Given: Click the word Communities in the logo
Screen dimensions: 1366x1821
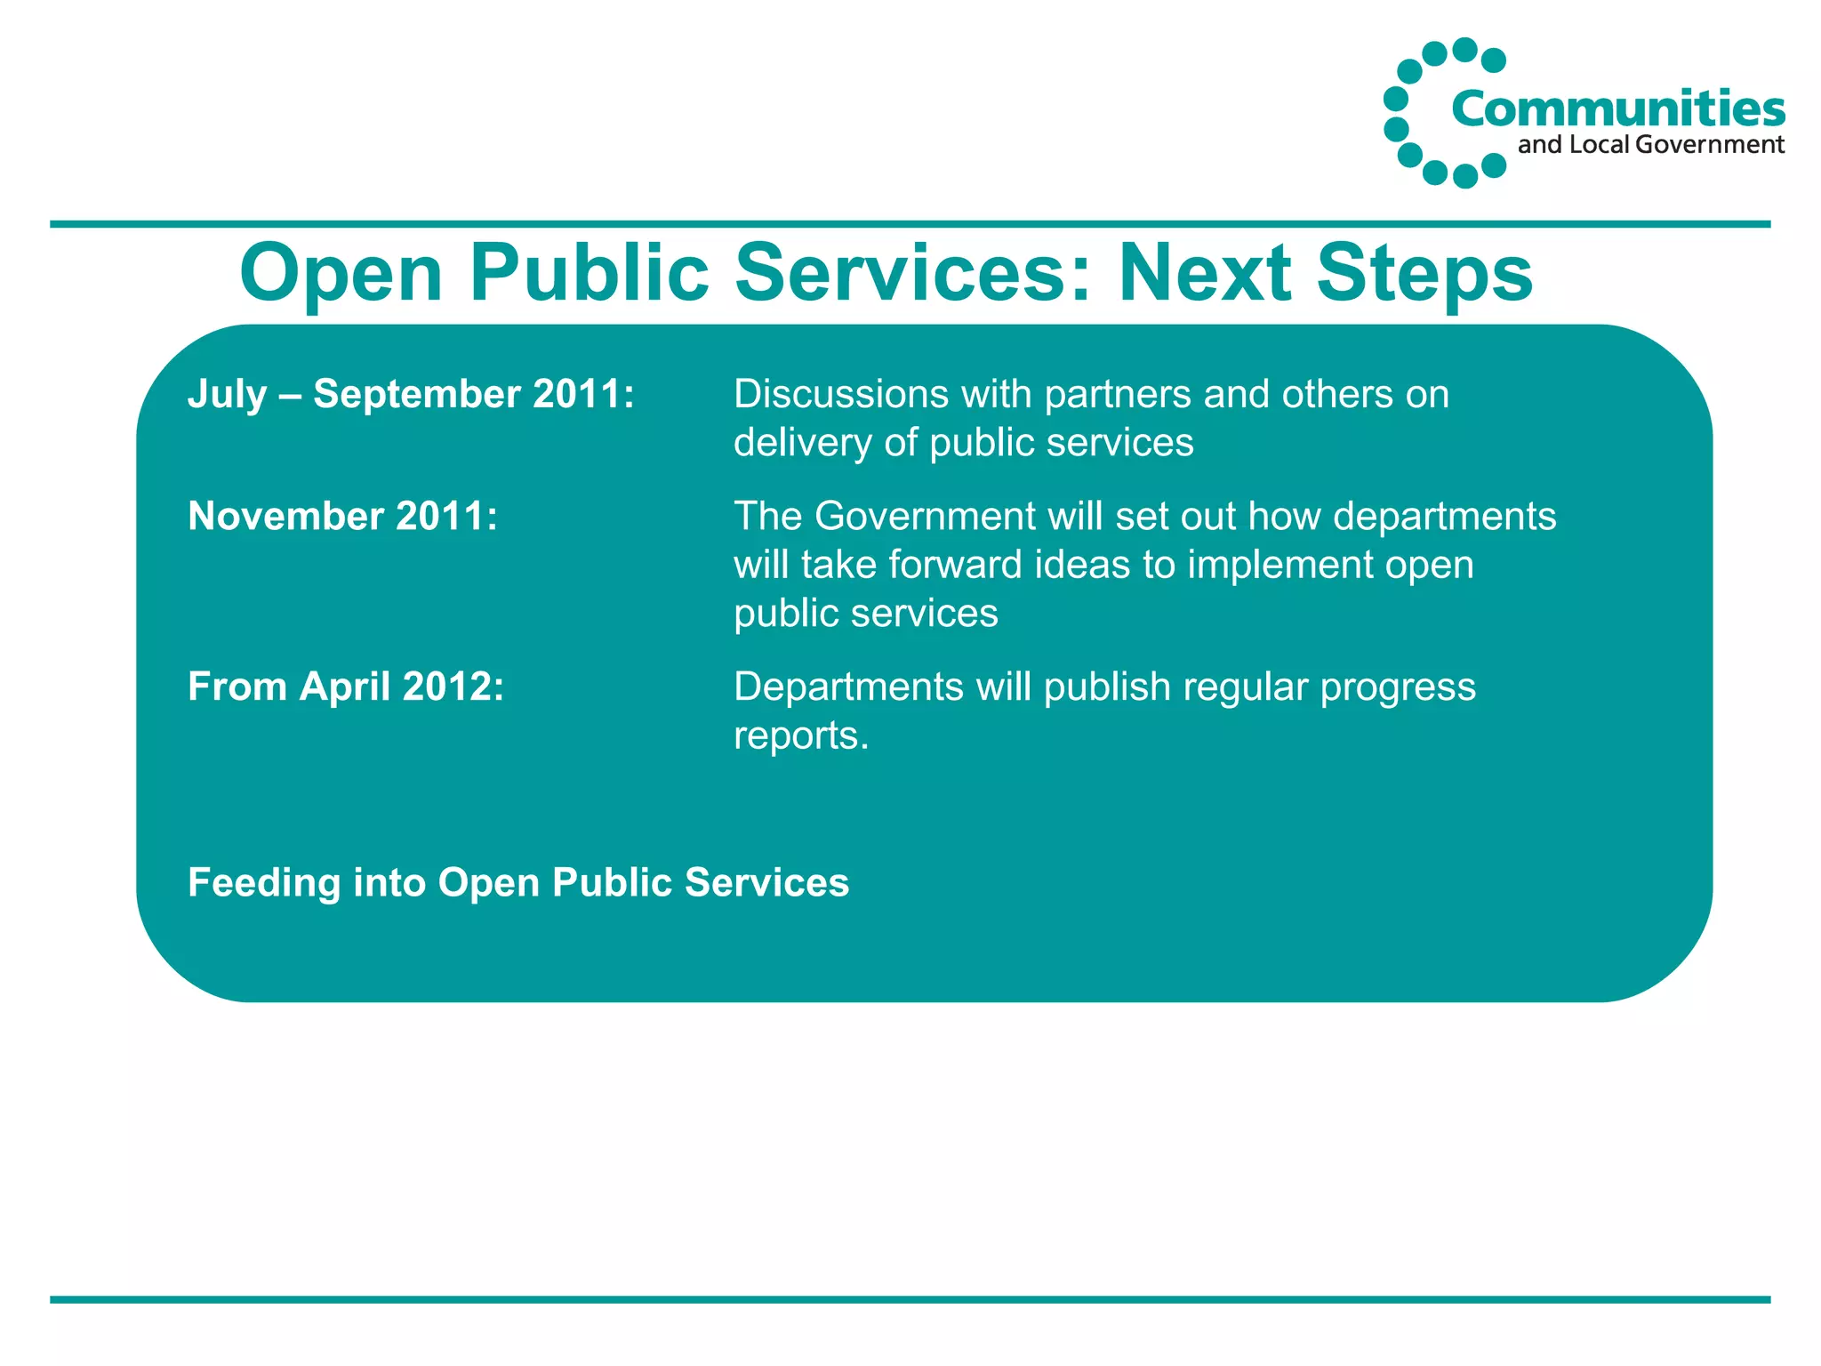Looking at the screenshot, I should [x=1617, y=109].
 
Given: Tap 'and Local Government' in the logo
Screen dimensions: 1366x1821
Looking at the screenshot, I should [x=1650, y=145].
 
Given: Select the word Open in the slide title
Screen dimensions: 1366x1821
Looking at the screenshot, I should [x=341, y=273].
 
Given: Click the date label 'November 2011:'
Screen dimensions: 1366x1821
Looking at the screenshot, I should [x=342, y=516].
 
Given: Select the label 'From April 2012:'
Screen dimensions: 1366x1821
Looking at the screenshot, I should [x=346, y=687].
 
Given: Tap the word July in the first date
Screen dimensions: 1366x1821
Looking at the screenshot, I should [x=227, y=394].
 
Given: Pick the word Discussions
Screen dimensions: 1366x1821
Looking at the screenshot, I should [x=840, y=394].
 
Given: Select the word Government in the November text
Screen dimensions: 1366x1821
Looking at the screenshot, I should [x=925, y=516].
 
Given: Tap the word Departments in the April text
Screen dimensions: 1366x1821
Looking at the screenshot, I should [x=848, y=687].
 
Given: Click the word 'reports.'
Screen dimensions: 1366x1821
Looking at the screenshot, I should [x=800, y=735].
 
